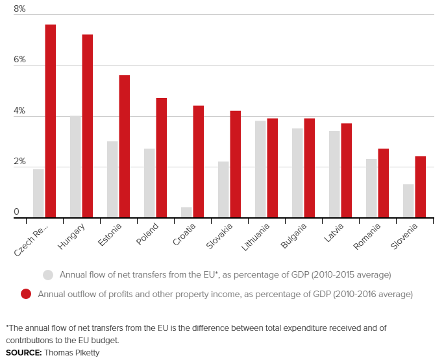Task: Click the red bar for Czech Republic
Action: pos(50,121)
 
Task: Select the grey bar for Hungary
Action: pos(75,167)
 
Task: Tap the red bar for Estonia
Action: pos(124,147)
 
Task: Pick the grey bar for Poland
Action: pos(149,184)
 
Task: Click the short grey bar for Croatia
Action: pos(186,213)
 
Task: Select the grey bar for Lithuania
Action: pos(260,169)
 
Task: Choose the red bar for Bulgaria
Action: pos(309,168)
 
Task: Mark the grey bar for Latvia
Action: pos(334,174)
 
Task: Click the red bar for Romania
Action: pos(383,184)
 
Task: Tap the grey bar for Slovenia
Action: pos(408,201)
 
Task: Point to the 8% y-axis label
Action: pos(19,9)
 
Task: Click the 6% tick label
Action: pos(19,60)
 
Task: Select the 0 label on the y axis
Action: pos(16,212)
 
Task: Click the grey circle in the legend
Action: pos(47,274)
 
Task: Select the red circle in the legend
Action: pos(26,294)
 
